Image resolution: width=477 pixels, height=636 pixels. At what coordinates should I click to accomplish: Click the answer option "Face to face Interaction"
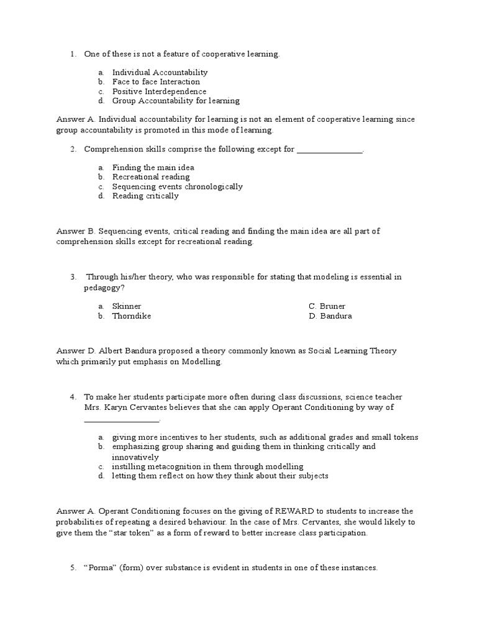[x=156, y=82]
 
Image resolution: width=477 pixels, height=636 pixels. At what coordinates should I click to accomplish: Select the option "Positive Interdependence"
[x=159, y=91]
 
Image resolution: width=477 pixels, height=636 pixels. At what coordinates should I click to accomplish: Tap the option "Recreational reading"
[x=151, y=177]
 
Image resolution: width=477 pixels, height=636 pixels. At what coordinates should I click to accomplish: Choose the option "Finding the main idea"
[x=153, y=168]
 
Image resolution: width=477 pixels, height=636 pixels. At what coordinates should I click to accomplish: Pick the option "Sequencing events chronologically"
[x=177, y=186]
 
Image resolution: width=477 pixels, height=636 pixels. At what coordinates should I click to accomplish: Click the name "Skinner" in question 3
[x=127, y=306]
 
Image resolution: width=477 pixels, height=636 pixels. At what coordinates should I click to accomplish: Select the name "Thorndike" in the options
[x=132, y=316]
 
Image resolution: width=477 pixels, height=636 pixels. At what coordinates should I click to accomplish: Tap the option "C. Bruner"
[x=327, y=306]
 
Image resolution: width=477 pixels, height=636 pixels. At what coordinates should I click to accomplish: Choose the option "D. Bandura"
[x=330, y=316]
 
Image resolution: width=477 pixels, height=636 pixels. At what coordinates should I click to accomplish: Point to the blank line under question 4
[x=122, y=419]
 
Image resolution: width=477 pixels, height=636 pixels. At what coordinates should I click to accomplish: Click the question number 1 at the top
[x=73, y=54]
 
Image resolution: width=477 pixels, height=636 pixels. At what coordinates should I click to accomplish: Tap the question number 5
[x=73, y=568]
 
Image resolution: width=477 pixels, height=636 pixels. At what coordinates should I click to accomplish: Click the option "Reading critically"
[x=145, y=196]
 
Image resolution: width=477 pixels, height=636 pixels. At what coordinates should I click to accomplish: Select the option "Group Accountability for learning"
[x=176, y=101]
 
